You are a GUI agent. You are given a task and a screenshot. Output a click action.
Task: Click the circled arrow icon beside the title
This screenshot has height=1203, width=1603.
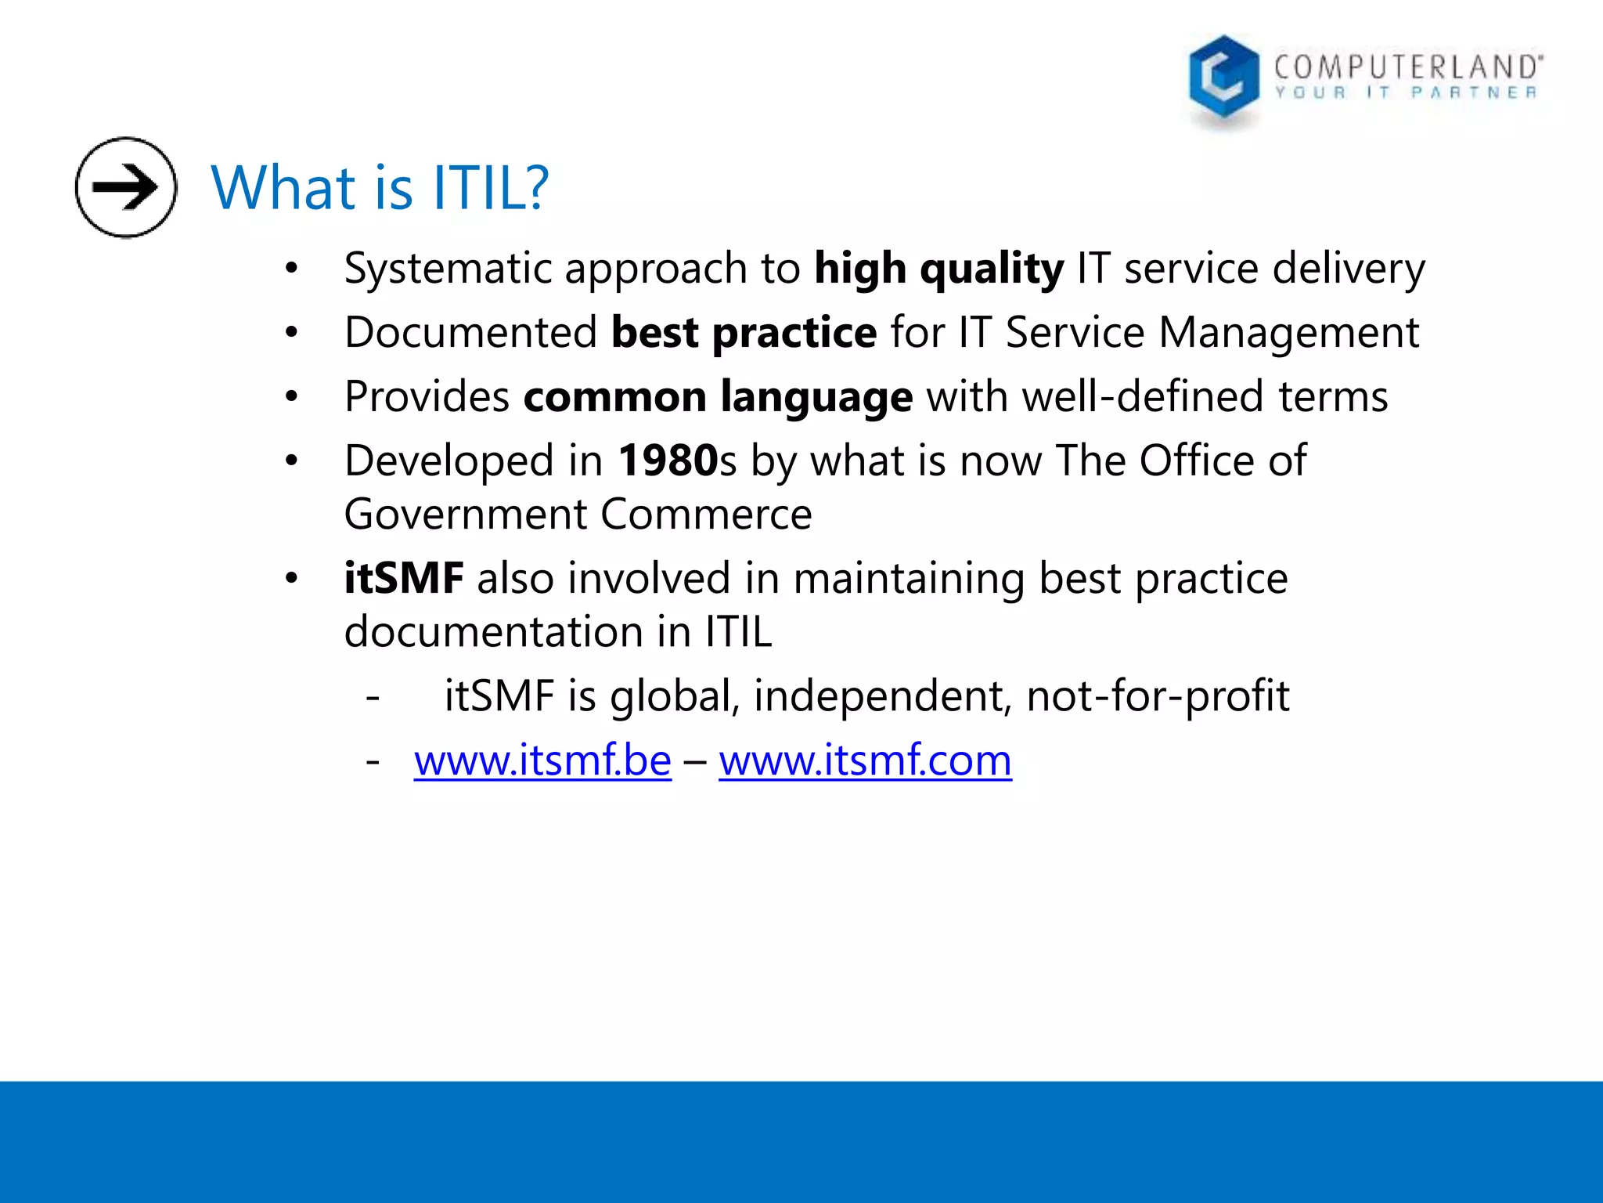coord(126,187)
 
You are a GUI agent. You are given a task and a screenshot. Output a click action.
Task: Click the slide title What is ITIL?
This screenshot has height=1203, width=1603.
coord(380,189)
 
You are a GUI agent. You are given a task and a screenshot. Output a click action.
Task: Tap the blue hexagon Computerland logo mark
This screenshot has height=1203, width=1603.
coord(1223,78)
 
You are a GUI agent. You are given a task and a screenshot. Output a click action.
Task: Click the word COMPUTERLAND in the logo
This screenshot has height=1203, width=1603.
coord(1407,67)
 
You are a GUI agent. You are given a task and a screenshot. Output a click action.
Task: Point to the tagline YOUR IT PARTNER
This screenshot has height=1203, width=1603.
coord(1406,93)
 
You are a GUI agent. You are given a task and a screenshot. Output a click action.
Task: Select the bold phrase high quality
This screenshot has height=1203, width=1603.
coord(938,269)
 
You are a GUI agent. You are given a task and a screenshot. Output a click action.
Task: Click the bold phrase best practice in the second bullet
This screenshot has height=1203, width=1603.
coord(744,333)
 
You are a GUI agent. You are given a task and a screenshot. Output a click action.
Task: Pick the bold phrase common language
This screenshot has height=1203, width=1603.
coord(718,397)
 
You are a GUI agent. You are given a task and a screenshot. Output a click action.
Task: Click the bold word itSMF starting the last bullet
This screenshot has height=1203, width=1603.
coord(404,579)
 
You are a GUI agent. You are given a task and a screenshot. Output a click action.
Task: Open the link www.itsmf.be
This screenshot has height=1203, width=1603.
coord(542,760)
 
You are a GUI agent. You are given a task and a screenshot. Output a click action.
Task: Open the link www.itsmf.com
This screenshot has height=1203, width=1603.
coord(865,760)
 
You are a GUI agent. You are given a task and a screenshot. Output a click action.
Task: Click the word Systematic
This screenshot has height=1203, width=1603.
coord(448,269)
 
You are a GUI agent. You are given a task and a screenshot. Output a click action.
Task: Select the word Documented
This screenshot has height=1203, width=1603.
coord(470,333)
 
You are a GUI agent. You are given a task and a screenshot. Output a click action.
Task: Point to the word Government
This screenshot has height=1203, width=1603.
coord(466,515)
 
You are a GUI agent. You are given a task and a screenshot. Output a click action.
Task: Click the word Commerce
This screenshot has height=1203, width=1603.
coord(706,515)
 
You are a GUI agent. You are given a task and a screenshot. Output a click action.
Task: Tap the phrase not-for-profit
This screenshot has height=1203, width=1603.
coord(1158,696)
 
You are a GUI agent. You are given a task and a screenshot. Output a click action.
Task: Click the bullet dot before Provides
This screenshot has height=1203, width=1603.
coord(292,397)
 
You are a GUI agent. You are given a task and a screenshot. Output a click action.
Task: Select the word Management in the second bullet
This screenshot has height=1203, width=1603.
coord(1288,333)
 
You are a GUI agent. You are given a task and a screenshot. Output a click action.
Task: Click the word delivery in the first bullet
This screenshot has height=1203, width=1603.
coord(1349,269)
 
